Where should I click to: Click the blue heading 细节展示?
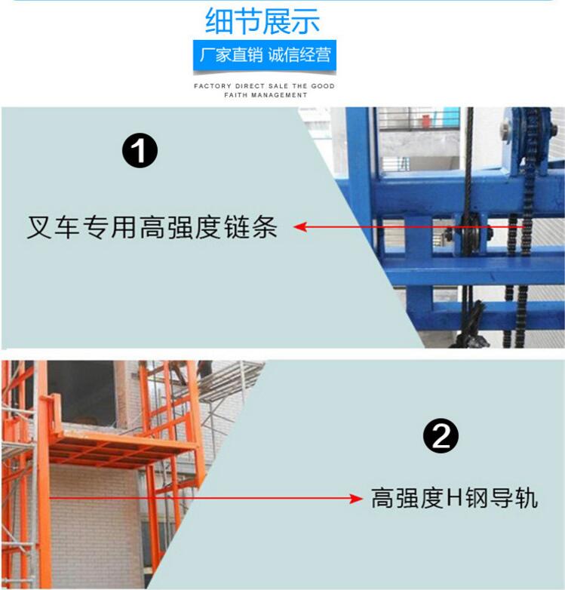tap(263, 21)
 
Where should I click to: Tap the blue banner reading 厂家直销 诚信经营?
tap(265, 56)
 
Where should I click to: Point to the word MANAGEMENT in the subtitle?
tap(279, 95)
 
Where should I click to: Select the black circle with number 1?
tap(140, 151)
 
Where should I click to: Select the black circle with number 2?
tap(441, 437)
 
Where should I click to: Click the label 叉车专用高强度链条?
tap(152, 227)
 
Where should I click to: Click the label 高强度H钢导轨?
tap(454, 498)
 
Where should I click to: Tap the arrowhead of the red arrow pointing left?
tap(300, 227)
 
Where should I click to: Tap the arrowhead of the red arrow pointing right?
tap(355, 499)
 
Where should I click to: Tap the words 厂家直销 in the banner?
tap(231, 55)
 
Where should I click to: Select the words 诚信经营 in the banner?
tap(299, 55)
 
